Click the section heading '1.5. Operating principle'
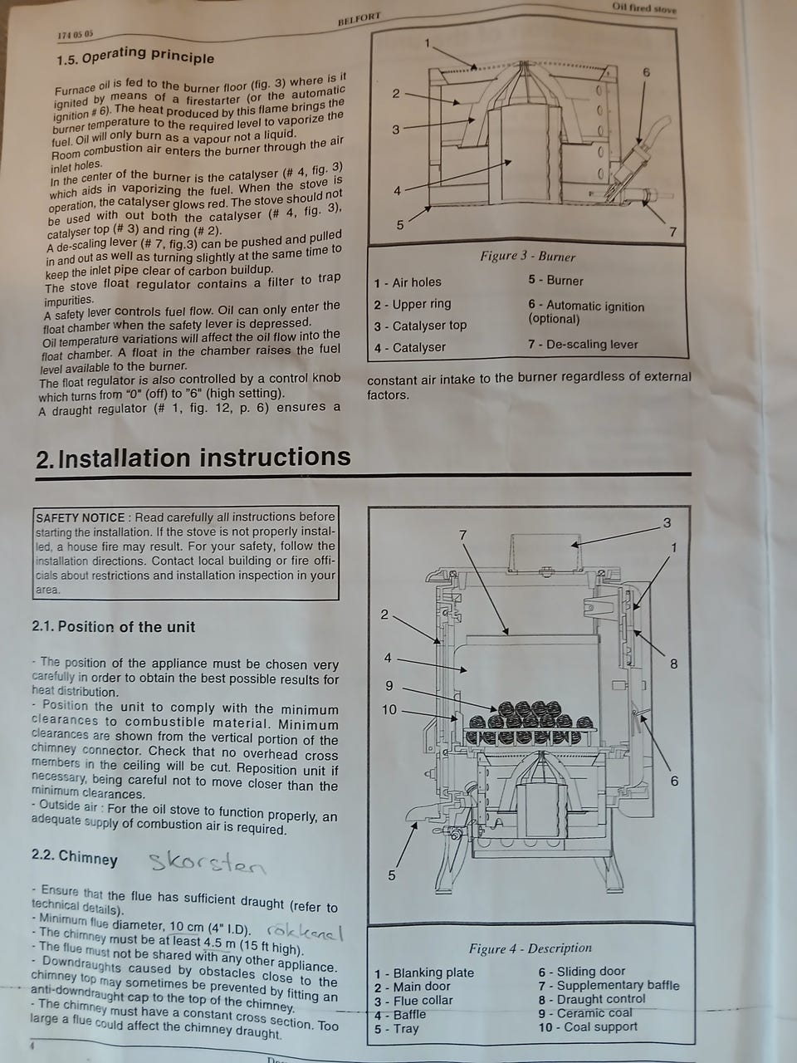(135, 56)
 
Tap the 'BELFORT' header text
(359, 19)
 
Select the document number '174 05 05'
(75, 35)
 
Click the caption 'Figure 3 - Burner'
(527, 256)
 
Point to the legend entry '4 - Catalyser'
(409, 347)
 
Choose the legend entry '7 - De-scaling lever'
(583, 345)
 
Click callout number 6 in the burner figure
(647, 72)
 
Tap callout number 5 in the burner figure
(399, 225)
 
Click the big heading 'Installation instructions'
(204, 457)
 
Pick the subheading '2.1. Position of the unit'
(113, 627)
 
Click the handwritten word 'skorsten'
(208, 863)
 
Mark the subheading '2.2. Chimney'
(75, 858)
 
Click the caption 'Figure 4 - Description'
(531, 948)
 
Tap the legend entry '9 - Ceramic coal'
(585, 1013)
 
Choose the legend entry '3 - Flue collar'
(413, 1001)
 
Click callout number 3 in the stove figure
(667, 523)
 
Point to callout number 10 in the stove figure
(389, 710)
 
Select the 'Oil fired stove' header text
(643, 8)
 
